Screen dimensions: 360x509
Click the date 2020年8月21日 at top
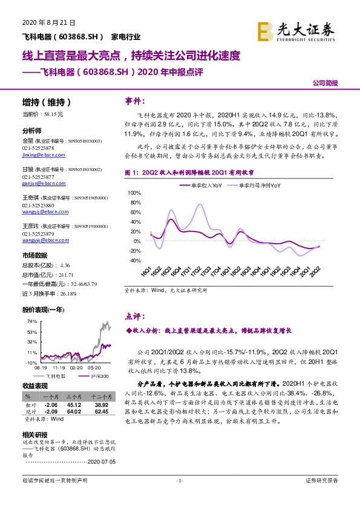pyautogui.click(x=39, y=22)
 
